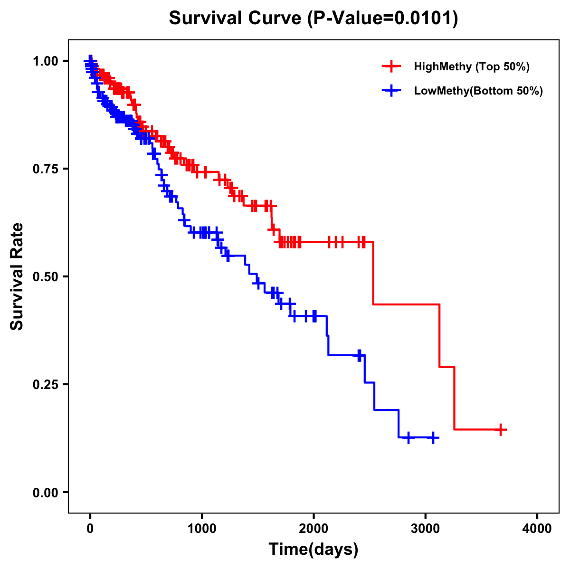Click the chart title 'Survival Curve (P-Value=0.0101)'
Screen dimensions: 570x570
313,19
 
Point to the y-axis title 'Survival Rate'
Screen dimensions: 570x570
17,276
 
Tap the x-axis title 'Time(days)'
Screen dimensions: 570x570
313,550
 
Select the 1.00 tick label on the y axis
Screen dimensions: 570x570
45,61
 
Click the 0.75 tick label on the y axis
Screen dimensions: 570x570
45,169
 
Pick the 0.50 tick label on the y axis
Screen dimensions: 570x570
45,276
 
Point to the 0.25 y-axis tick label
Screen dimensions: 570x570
45,384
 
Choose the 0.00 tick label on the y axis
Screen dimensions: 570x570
45,492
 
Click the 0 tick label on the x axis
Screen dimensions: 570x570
90,529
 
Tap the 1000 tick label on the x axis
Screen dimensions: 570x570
202,529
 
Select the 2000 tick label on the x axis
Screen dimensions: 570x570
313,529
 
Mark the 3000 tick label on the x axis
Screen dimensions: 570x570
426,529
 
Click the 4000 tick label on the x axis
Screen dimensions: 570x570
537,529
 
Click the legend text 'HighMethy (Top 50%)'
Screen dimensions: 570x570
472,66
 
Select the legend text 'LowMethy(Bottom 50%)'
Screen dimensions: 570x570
478,91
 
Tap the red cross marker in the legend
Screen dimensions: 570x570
391,66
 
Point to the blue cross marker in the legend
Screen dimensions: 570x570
391,91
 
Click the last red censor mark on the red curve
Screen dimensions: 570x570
500,429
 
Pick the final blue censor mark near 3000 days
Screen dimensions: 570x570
433,437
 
